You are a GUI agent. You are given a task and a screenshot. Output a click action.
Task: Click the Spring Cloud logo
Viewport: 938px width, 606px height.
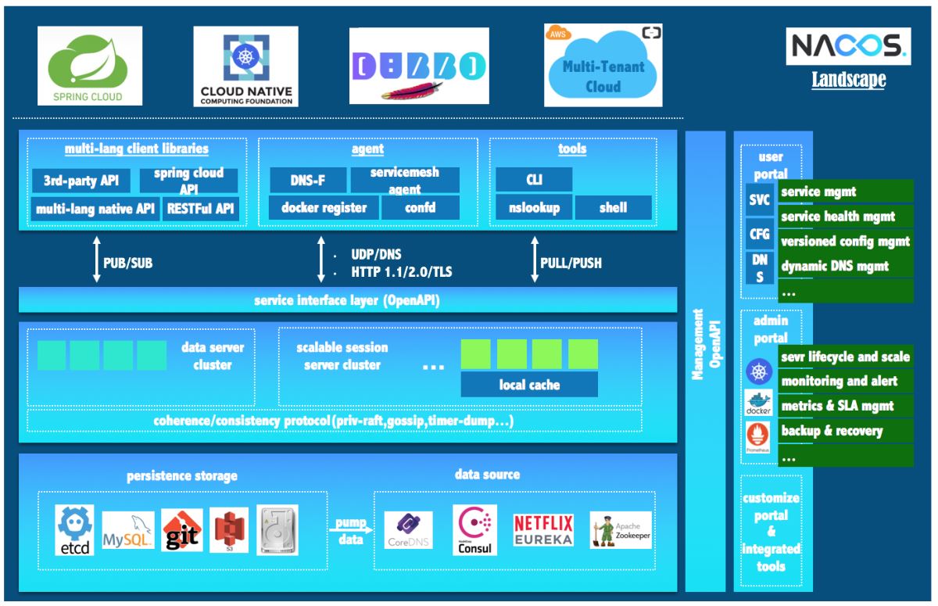(91, 66)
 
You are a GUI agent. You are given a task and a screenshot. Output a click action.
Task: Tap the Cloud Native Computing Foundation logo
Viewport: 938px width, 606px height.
(246, 66)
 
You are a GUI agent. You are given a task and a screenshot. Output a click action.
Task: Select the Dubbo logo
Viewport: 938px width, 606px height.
(419, 66)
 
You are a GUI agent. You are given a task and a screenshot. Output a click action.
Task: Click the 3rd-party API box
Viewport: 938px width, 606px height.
(82, 181)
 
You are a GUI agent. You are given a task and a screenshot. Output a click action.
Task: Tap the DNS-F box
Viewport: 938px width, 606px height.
(308, 181)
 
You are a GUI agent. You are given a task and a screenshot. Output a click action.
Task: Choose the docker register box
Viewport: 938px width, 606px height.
(324, 208)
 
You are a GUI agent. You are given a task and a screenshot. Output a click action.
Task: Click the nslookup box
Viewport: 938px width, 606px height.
(534, 208)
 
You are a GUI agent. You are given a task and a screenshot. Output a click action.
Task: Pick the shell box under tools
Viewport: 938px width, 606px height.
(614, 208)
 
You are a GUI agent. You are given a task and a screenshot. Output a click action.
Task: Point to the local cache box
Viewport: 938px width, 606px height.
(529, 385)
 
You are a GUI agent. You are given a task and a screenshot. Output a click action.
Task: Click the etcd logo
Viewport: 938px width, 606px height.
(75, 530)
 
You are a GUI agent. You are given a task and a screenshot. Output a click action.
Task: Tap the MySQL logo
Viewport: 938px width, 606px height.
(127, 532)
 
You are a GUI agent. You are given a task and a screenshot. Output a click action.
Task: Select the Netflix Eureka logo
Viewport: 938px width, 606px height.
(543, 530)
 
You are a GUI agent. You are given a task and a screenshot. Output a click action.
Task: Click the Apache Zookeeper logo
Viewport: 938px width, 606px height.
(621, 530)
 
